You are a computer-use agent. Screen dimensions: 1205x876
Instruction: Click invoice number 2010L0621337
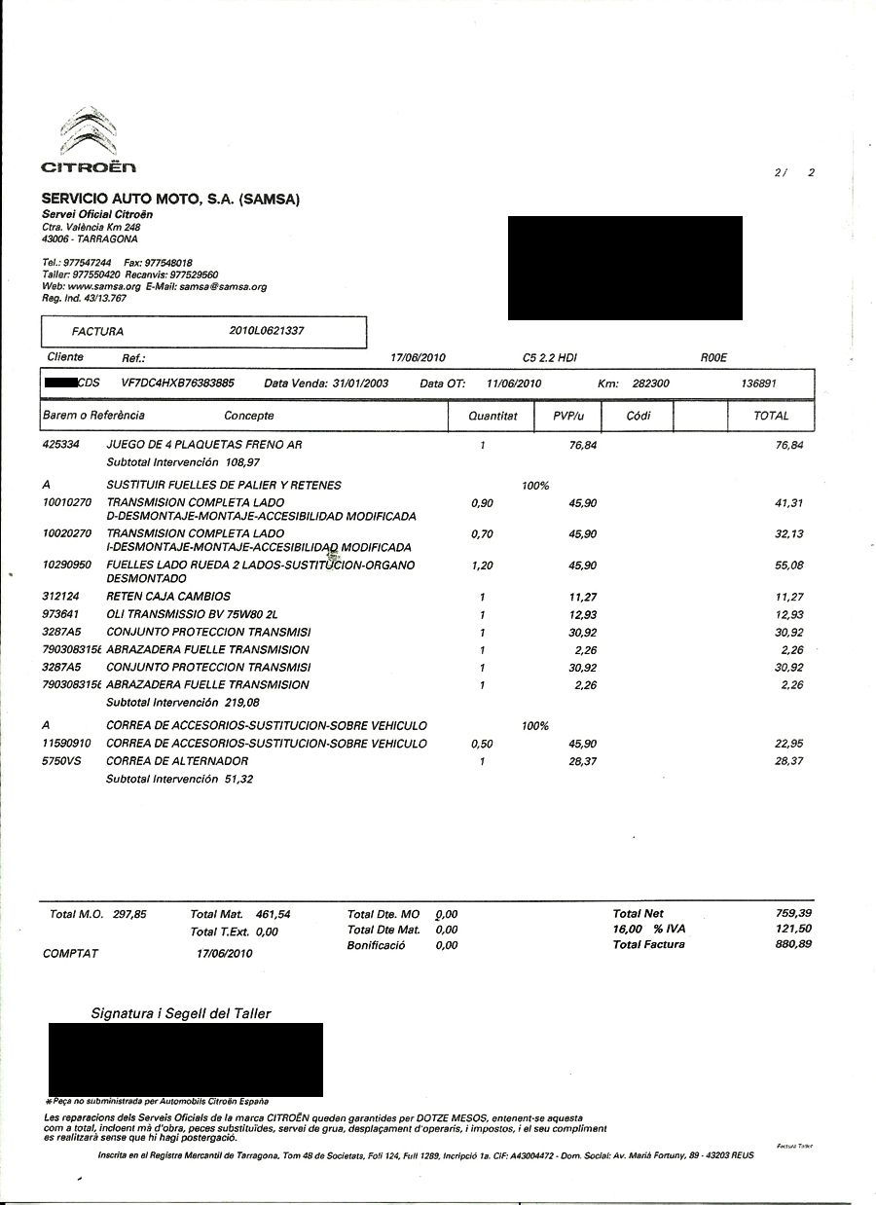(267, 331)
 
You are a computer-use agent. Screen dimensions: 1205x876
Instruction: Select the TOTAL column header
(771, 416)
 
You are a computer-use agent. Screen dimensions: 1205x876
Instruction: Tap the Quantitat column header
(493, 416)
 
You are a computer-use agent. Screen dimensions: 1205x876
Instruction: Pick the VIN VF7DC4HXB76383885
(177, 383)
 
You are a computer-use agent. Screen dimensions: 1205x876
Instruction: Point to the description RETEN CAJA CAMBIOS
(168, 597)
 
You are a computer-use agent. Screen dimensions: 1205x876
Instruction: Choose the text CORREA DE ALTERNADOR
(177, 761)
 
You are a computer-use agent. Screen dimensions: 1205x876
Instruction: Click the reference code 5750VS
(63, 761)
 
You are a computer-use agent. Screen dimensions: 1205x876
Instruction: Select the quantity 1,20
(482, 566)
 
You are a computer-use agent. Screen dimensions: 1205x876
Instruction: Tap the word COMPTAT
(71, 954)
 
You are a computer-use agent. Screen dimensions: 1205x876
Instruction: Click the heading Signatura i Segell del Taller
(181, 1014)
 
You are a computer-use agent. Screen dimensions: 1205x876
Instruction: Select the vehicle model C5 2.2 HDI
(550, 358)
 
